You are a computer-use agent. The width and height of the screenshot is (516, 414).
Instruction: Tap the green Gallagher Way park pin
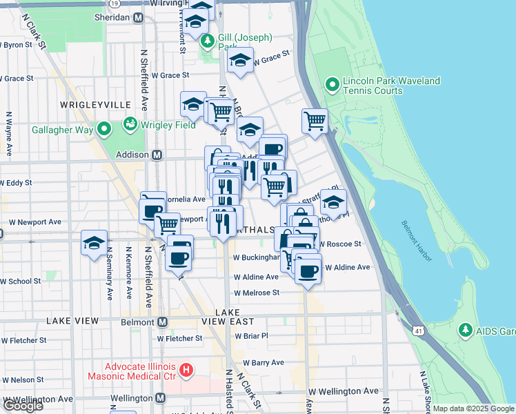[104, 129]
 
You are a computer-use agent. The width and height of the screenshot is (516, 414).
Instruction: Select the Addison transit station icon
[157, 155]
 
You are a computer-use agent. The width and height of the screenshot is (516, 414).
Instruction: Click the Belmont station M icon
[163, 322]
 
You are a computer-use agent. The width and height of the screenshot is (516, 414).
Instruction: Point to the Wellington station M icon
[161, 398]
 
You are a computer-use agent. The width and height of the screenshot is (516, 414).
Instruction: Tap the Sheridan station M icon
[139, 17]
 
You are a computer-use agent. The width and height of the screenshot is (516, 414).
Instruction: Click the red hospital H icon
[186, 371]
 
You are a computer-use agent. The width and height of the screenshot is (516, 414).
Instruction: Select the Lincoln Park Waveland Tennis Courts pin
[332, 86]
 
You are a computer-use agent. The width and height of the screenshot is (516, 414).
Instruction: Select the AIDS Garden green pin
[466, 330]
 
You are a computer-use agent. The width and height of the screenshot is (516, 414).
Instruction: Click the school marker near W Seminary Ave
[95, 243]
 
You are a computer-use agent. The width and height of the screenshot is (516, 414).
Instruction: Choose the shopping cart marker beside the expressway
[315, 120]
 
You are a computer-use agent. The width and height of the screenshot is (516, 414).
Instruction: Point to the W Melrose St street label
[256, 293]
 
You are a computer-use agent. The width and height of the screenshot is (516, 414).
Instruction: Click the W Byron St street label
[19, 45]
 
